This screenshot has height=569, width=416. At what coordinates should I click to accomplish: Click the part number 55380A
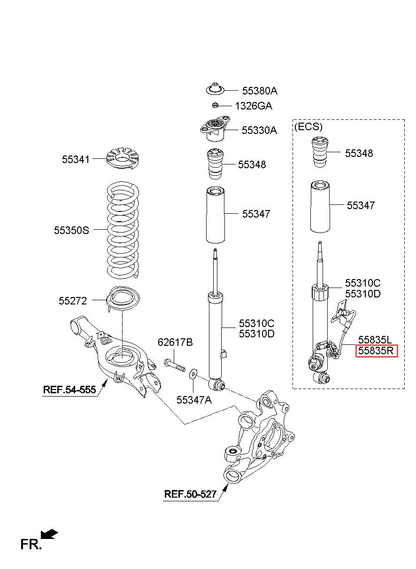point(260,91)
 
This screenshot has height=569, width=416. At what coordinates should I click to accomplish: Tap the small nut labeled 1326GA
point(216,105)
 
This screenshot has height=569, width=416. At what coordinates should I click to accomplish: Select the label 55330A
point(259,131)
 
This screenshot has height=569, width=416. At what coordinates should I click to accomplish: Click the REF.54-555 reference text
point(69,390)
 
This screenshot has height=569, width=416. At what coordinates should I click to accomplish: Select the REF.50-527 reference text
point(190,494)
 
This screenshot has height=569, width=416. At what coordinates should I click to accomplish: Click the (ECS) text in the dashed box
point(308,127)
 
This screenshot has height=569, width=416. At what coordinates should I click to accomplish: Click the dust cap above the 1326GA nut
point(216,89)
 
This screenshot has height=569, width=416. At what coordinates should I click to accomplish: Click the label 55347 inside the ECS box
point(361,205)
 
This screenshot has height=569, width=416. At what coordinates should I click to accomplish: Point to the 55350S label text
point(71,230)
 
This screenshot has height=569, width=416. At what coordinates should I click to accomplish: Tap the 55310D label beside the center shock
point(256,334)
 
